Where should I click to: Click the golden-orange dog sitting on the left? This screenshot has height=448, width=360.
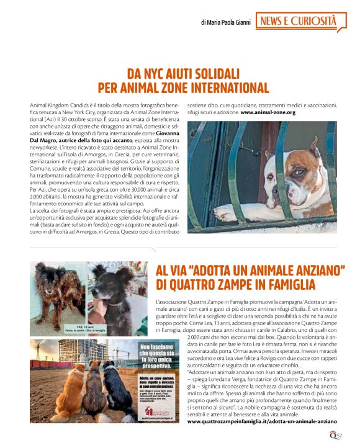pyautogui.click(x=60, y=392)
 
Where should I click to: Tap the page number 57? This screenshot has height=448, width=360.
pyautogui.click(x=339, y=435)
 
